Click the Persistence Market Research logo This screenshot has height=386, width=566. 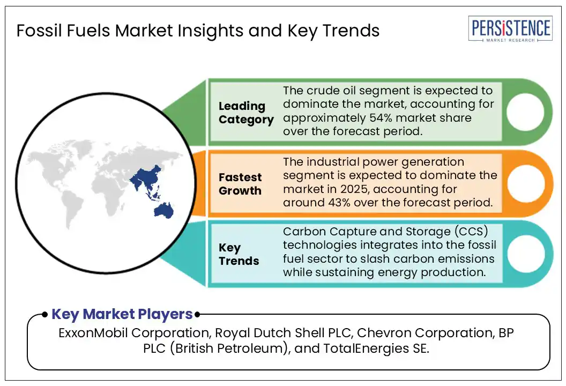tap(510, 29)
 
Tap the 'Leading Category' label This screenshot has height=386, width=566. tap(246, 113)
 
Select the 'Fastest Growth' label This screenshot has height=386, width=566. tap(240, 184)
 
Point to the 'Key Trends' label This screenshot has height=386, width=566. tap(239, 254)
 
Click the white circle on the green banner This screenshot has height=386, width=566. tap(525, 112)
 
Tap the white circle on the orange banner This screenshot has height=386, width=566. tap(526, 183)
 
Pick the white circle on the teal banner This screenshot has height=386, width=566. tap(526, 254)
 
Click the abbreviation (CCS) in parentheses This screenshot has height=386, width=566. tap(471, 231)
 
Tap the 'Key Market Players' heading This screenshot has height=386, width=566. tap(122, 314)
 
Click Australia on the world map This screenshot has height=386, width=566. tap(163, 210)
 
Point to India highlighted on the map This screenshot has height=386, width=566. tap(137, 181)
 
